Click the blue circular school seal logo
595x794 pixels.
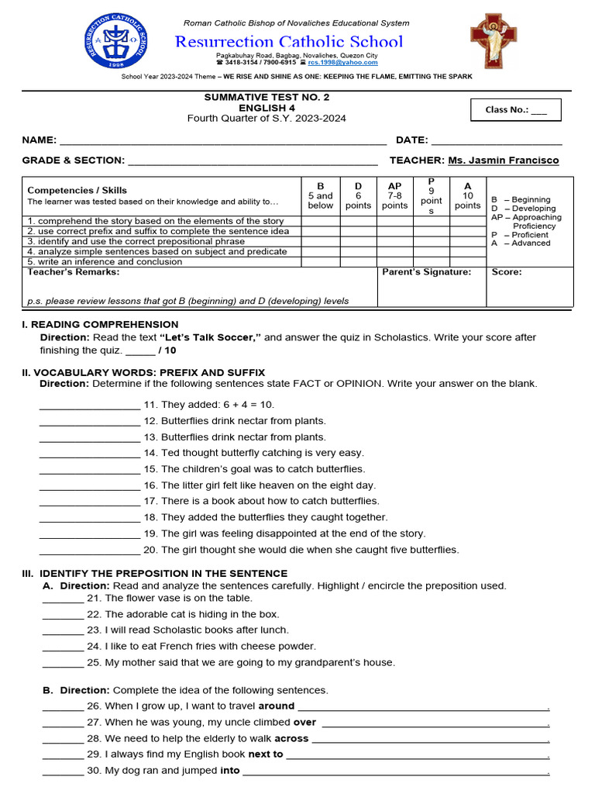pos(119,43)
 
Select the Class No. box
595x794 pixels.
pos(516,110)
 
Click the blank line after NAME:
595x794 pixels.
pos(223,141)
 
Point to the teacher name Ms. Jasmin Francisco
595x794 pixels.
pos(503,161)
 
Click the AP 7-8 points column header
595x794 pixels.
pos(394,196)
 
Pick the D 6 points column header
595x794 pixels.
pos(358,196)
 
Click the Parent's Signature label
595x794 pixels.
pos(425,272)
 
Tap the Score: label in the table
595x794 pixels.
pos(507,272)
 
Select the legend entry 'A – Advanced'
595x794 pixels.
pos(521,243)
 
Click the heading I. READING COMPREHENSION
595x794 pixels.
pos(100,324)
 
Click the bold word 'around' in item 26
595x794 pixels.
pos(277,706)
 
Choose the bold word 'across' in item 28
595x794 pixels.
pos(291,739)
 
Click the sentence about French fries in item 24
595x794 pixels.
pos(211,647)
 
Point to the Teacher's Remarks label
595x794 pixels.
pos(74,272)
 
